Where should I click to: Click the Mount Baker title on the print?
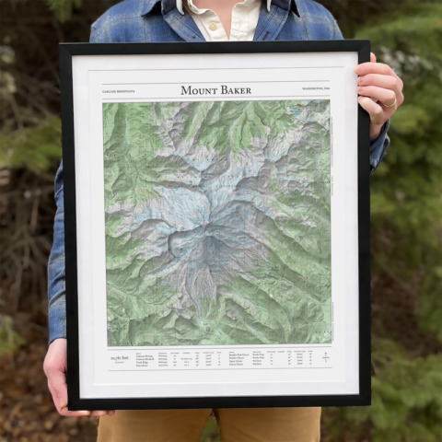point(215,90)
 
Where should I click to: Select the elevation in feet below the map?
point(120,357)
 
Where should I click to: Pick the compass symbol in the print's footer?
point(324,356)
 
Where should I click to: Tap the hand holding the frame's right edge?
point(380,92)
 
